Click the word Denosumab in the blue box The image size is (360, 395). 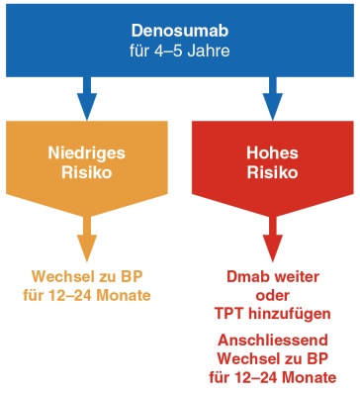(x=179, y=29)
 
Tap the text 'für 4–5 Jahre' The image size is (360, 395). (x=179, y=49)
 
